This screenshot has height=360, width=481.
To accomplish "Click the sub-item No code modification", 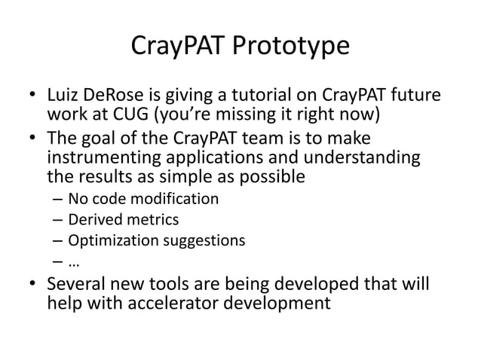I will (143, 200).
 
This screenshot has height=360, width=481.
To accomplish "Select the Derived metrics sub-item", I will (124, 220).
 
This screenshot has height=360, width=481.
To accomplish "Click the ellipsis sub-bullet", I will (74, 262).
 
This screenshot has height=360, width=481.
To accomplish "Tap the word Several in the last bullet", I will (76, 285).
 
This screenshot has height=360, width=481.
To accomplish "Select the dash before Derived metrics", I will (57, 220).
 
